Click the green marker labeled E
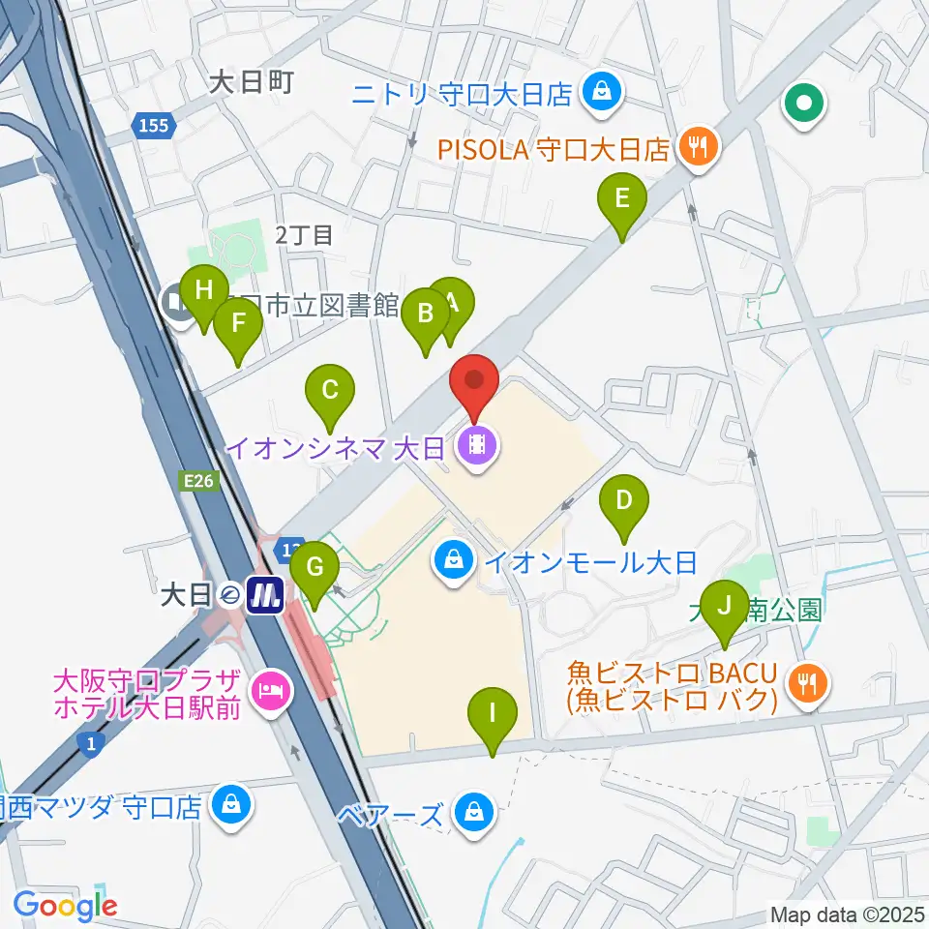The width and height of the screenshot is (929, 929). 622,200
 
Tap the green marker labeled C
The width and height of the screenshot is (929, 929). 329,392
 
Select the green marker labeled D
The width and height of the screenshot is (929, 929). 624,501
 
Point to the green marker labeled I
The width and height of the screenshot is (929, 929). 493,715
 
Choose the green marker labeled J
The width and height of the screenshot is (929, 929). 723,608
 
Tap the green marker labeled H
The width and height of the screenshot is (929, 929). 202,291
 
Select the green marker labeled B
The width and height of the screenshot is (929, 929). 424,315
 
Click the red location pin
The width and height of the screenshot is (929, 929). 474,379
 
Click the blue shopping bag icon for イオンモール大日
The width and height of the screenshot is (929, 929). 451,558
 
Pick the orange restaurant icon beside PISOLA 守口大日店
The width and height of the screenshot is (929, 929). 697,147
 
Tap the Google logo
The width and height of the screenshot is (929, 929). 65,906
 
